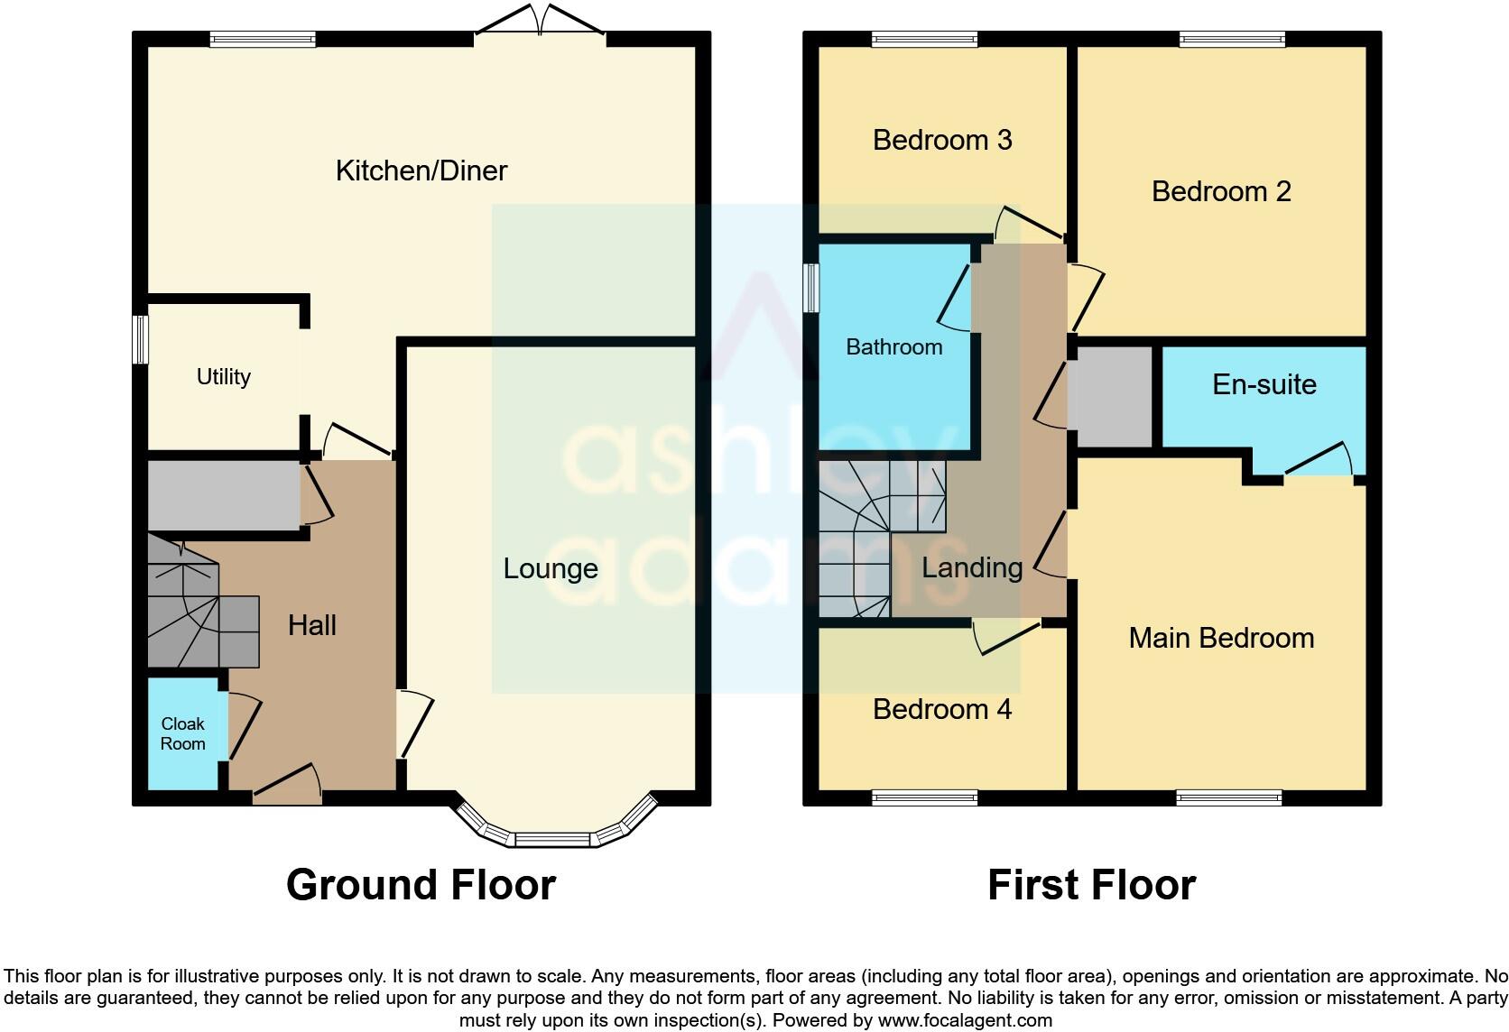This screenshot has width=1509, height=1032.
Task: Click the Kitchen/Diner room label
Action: [x=421, y=170]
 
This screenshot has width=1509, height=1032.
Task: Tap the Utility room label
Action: [x=223, y=376]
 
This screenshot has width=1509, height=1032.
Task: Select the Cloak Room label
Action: [x=182, y=733]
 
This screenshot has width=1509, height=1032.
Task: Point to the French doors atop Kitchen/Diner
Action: [x=540, y=22]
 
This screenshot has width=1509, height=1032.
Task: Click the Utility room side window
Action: [x=140, y=339]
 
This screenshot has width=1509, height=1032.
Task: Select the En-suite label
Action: [x=1264, y=384]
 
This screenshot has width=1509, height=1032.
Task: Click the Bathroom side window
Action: [x=810, y=288]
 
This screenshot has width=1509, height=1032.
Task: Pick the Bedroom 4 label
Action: [x=941, y=709]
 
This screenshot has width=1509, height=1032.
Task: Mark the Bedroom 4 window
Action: [x=924, y=797]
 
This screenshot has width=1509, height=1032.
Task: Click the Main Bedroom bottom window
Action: [x=1228, y=797]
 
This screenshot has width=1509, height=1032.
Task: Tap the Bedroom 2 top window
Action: [x=1231, y=39]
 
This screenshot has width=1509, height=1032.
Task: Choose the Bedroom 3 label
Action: [x=941, y=140]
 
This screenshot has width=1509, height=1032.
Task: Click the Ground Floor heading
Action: [x=421, y=885]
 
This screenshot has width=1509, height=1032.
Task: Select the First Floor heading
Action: [x=1091, y=885]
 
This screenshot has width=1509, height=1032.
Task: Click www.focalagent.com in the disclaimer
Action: [x=965, y=1020]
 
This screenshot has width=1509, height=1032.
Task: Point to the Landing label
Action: [x=971, y=567]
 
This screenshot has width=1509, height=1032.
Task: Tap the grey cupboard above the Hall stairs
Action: [x=223, y=495]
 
